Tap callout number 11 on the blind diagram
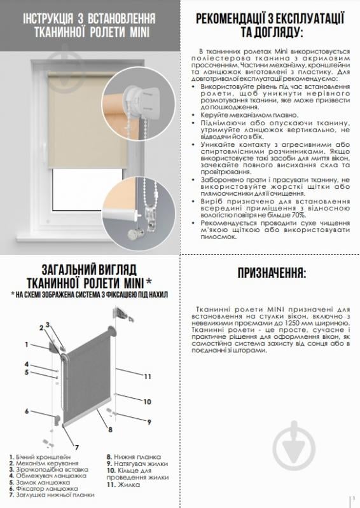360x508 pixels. pos(147,377)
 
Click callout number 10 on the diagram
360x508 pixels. pos(146,401)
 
